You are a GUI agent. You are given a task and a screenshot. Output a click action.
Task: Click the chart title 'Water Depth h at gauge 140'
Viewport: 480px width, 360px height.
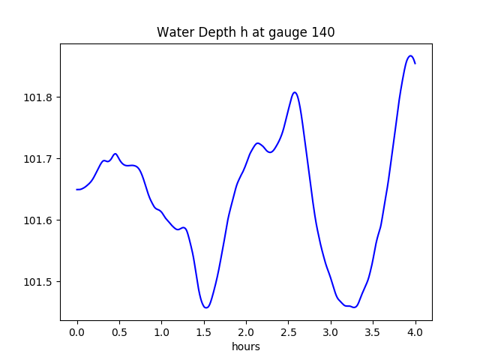pyautogui.click(x=245, y=33)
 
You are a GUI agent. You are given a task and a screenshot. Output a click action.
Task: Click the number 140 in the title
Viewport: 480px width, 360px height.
pyautogui.click(x=324, y=33)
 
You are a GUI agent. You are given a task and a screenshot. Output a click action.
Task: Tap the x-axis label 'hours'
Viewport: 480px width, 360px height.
pyautogui.click(x=246, y=346)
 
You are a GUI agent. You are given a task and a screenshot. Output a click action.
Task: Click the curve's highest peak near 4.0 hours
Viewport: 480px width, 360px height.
pyautogui.click(x=410, y=55)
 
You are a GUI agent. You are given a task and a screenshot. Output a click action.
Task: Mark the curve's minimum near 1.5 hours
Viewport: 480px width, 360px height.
pyautogui.click(x=205, y=307)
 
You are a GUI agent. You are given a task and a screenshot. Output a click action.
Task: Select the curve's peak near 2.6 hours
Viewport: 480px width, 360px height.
pyautogui.click(x=295, y=92)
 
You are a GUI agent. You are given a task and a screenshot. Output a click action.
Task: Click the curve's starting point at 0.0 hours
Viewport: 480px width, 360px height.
pyautogui.click(x=77, y=189)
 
